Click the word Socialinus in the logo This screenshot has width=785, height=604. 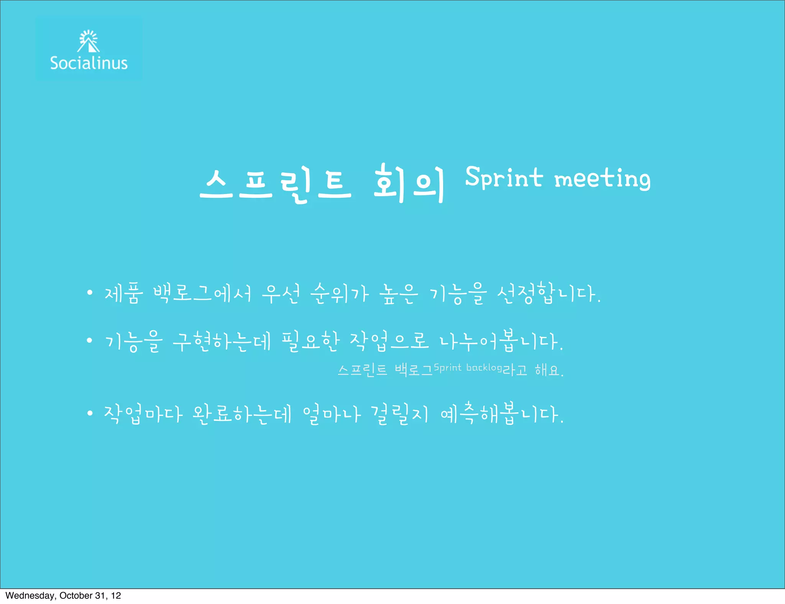click(89, 63)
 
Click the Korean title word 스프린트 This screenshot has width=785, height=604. click(276, 184)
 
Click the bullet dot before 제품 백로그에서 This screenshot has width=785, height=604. click(90, 293)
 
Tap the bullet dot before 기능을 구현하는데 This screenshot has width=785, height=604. click(90, 340)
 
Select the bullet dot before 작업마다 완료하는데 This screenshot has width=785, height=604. click(90, 413)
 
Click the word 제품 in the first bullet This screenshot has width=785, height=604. click(124, 294)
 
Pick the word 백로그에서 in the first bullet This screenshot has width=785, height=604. click(202, 294)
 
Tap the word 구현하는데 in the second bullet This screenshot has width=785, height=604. click(222, 341)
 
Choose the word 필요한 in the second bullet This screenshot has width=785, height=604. click(310, 341)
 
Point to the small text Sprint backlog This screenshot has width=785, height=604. click(468, 368)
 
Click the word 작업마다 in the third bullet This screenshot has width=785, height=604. click(143, 414)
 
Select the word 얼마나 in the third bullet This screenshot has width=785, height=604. click(332, 414)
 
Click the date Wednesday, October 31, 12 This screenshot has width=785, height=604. click(63, 596)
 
